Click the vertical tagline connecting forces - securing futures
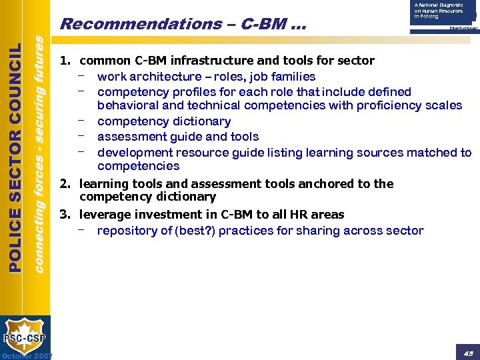(39, 153)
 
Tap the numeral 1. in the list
(66, 61)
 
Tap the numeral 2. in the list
(66, 183)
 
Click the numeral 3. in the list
(66, 215)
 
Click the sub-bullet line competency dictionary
(163, 121)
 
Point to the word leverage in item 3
(103, 215)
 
